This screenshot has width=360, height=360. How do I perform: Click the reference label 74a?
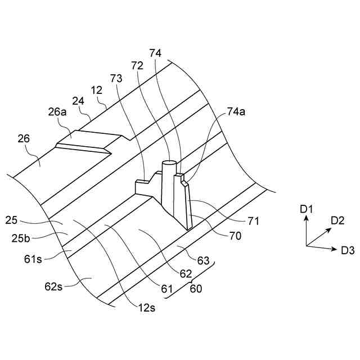tap(237, 112)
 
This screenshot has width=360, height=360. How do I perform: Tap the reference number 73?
tap(116, 79)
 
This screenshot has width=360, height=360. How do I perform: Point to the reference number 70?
tap(235, 236)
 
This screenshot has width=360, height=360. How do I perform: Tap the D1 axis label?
tap(306, 209)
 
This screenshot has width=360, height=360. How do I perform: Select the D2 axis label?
tap(337, 220)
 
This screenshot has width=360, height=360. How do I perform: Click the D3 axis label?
tap(348, 250)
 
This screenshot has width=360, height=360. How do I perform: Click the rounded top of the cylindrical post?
tap(169, 164)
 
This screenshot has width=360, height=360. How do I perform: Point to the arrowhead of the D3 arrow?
tap(335, 248)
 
